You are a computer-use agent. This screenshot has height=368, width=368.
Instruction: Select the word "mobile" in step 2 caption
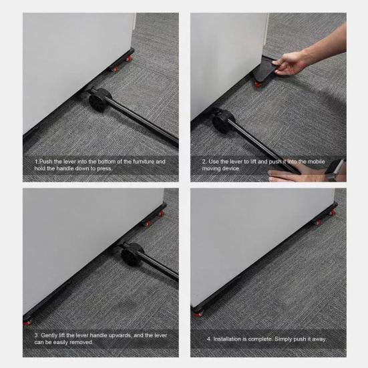(x=316, y=162)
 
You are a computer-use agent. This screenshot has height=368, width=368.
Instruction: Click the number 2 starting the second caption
(x=204, y=162)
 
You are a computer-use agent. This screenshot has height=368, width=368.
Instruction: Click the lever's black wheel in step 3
(x=129, y=254)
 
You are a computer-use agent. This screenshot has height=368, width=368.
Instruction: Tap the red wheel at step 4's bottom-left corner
(x=198, y=311)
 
